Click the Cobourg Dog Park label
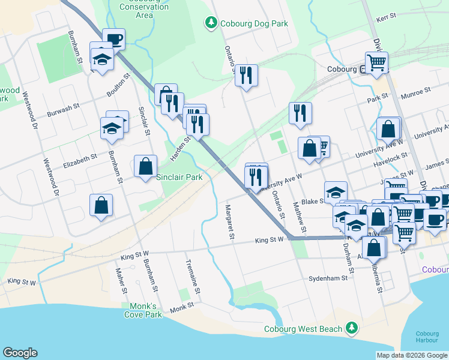pos(253,24)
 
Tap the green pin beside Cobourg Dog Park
pos(211,23)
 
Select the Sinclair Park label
pos(179,177)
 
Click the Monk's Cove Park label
pos(142,310)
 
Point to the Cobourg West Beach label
pos(303,329)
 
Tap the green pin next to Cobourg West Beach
pos(352,328)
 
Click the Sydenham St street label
pos(328,278)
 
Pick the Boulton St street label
pos(119,86)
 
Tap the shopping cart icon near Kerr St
pos(376,62)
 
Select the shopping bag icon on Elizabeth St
pos(146,166)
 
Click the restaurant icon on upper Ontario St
pos(246,74)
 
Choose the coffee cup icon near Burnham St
pos(113,39)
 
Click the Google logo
pos(20,353)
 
